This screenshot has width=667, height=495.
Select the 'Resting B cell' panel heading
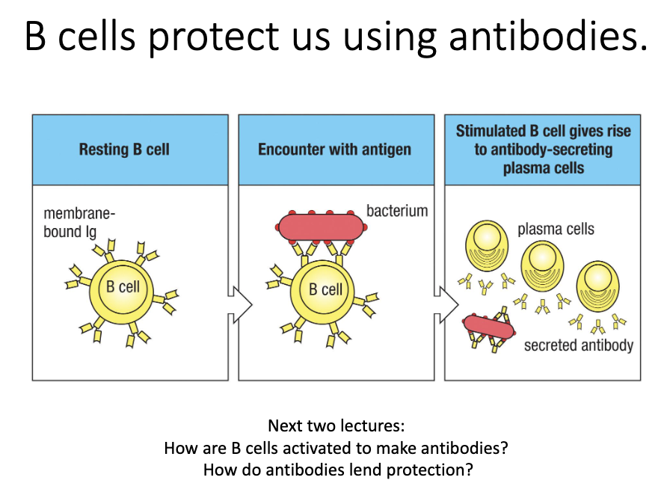coord(124,150)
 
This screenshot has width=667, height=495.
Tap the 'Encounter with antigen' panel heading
coord(334,150)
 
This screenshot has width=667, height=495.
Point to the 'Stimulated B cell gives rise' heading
coord(544,132)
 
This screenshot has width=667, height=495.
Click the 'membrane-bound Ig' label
coord(79,222)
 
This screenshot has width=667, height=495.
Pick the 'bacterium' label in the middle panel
coord(397,211)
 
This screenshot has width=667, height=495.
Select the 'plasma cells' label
coord(556,229)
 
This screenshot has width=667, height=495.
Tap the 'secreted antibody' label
coord(578,345)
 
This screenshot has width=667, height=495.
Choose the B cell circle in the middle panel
coord(326,289)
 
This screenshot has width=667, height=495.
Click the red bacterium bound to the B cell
coord(320,227)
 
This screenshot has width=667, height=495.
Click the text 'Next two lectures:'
coord(336,427)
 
